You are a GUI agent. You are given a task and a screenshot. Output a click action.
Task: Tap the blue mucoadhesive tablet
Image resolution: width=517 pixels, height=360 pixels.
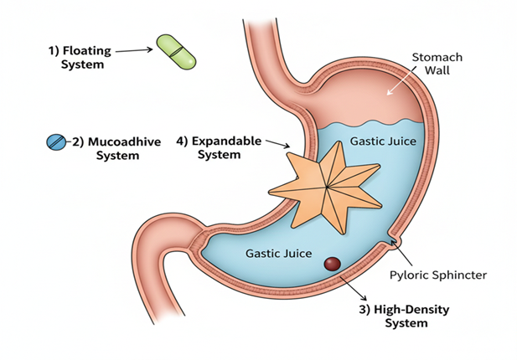coord(55,142)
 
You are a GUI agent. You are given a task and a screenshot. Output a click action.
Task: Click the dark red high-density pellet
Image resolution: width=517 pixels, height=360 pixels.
coord(332,263)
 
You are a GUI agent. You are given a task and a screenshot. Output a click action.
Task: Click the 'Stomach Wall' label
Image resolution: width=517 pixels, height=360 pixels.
coord(436,64)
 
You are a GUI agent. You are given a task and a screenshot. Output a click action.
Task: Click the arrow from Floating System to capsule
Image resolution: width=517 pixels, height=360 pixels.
coord(132,51)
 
